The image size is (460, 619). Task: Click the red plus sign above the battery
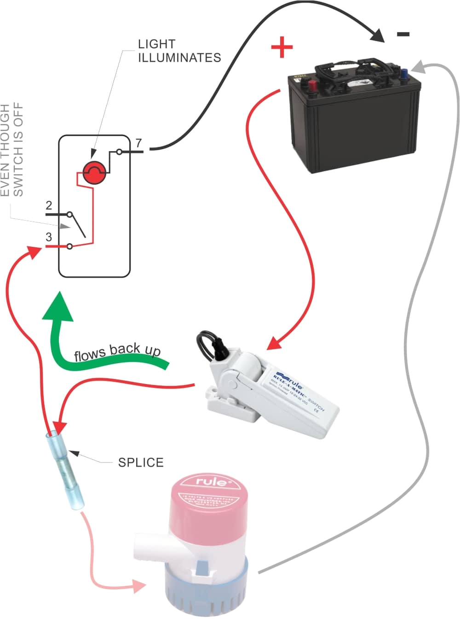coord(282,48)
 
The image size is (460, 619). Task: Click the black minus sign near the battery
coord(403,34)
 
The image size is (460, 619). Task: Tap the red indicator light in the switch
coord(95,173)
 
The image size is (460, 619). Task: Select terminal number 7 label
coord(138,143)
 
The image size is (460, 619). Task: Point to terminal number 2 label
coord(49,205)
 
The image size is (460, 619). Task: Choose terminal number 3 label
coord(49,237)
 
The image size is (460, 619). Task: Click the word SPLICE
coord(141,462)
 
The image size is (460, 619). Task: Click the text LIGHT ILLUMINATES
coord(179,51)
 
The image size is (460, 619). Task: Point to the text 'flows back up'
coord(117,352)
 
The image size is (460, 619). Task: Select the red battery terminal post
coord(312,85)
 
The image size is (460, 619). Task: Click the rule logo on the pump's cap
coord(212,482)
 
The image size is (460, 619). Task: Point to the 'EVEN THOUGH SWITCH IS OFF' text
coord(11,150)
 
